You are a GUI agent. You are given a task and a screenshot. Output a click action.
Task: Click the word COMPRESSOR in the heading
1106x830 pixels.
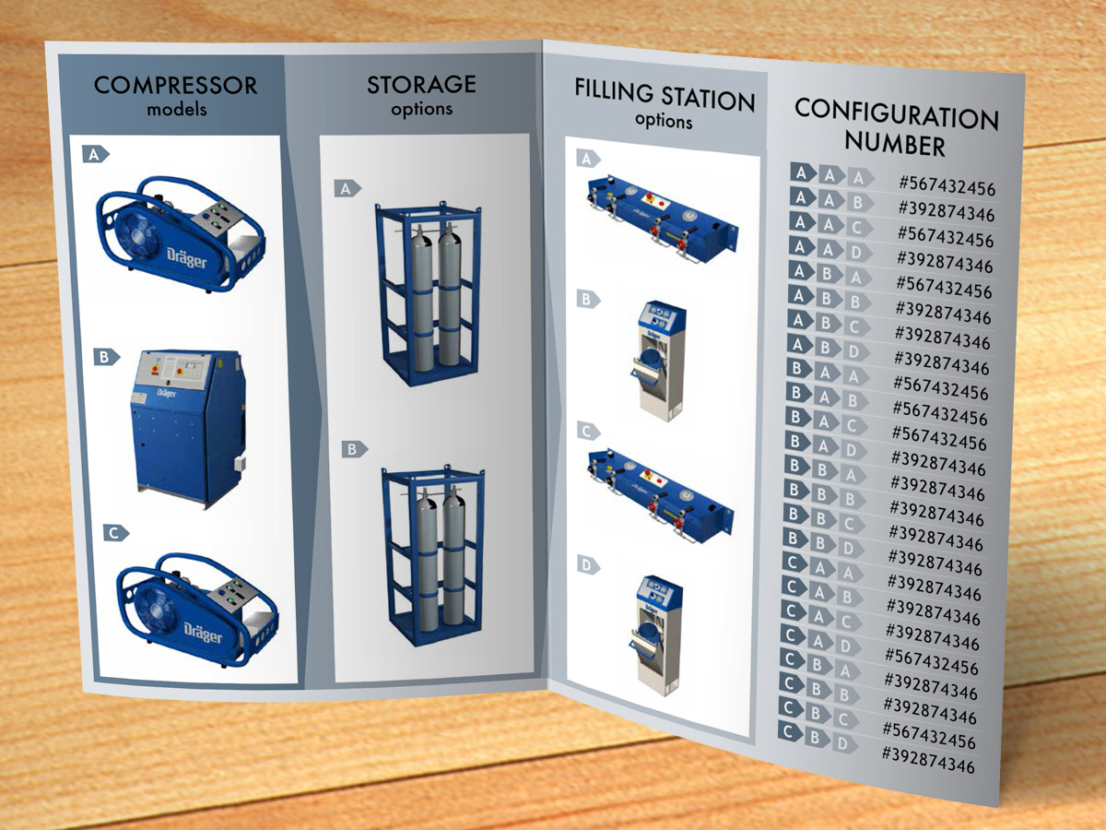175,85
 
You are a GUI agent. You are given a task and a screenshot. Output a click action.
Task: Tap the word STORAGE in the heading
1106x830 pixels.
421,84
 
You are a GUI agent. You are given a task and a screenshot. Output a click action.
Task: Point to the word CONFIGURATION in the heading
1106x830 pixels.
897,114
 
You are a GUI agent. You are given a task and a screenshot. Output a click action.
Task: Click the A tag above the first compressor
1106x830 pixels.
95,154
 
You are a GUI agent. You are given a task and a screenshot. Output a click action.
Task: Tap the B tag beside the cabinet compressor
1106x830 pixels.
106,357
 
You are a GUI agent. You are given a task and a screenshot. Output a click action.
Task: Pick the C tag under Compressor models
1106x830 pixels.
116,533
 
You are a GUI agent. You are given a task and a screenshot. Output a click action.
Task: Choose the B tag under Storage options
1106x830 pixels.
354,449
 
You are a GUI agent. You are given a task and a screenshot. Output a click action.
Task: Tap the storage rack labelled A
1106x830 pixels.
429,294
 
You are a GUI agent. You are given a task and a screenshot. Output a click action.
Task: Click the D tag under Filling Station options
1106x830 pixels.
588,565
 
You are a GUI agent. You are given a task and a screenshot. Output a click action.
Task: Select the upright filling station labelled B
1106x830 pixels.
659,361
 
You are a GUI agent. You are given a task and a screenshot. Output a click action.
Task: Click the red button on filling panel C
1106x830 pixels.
644,474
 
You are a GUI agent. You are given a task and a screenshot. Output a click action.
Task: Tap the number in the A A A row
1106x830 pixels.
947,186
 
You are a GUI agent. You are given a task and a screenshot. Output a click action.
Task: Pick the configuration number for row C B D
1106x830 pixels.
928,760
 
